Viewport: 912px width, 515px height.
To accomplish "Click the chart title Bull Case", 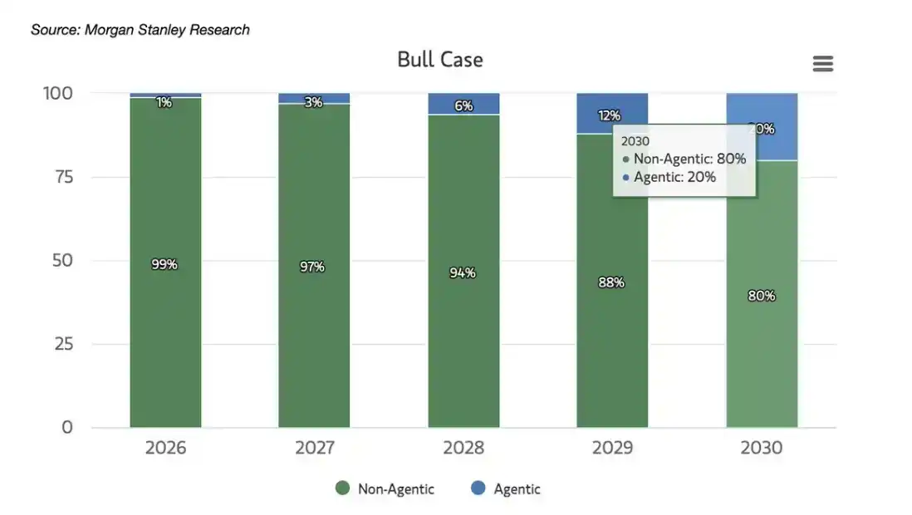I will [439, 60].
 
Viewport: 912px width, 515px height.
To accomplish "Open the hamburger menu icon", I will [822, 64].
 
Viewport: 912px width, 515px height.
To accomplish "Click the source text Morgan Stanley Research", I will [140, 30].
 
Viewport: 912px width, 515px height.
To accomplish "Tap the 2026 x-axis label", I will [165, 449].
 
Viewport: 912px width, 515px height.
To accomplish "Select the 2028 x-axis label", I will [463, 449].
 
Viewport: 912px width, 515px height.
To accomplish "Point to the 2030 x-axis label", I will [761, 449].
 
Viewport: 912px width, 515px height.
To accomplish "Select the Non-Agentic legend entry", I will [385, 489].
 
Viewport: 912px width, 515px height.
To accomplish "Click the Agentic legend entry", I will [507, 489].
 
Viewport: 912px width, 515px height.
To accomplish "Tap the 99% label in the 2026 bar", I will [164, 264].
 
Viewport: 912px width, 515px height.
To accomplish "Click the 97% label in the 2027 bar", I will [313, 267].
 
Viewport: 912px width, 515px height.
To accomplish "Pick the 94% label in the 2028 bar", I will [463, 272].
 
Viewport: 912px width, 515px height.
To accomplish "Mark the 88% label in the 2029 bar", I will [611, 282].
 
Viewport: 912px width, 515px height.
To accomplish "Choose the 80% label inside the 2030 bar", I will [761, 296].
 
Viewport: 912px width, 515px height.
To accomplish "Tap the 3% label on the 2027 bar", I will [313, 102].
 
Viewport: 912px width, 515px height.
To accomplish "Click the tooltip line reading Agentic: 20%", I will [674, 177].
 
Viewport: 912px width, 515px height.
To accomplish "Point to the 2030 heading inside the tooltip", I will [635, 141].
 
